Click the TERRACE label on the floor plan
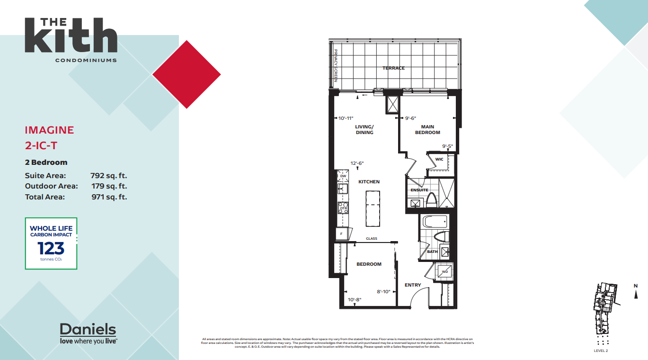393,68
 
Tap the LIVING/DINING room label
364,130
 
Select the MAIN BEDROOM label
427,130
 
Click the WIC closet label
439,159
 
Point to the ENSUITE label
419,190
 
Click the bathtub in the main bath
434,222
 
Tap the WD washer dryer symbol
444,272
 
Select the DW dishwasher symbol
343,176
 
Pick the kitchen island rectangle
373,208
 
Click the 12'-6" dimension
357,163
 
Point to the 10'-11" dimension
346,118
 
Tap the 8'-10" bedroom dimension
383,292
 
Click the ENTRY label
413,285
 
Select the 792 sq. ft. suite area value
109,176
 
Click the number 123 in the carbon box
51,248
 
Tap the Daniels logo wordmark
88,329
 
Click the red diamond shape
186,74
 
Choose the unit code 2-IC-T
43,145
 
